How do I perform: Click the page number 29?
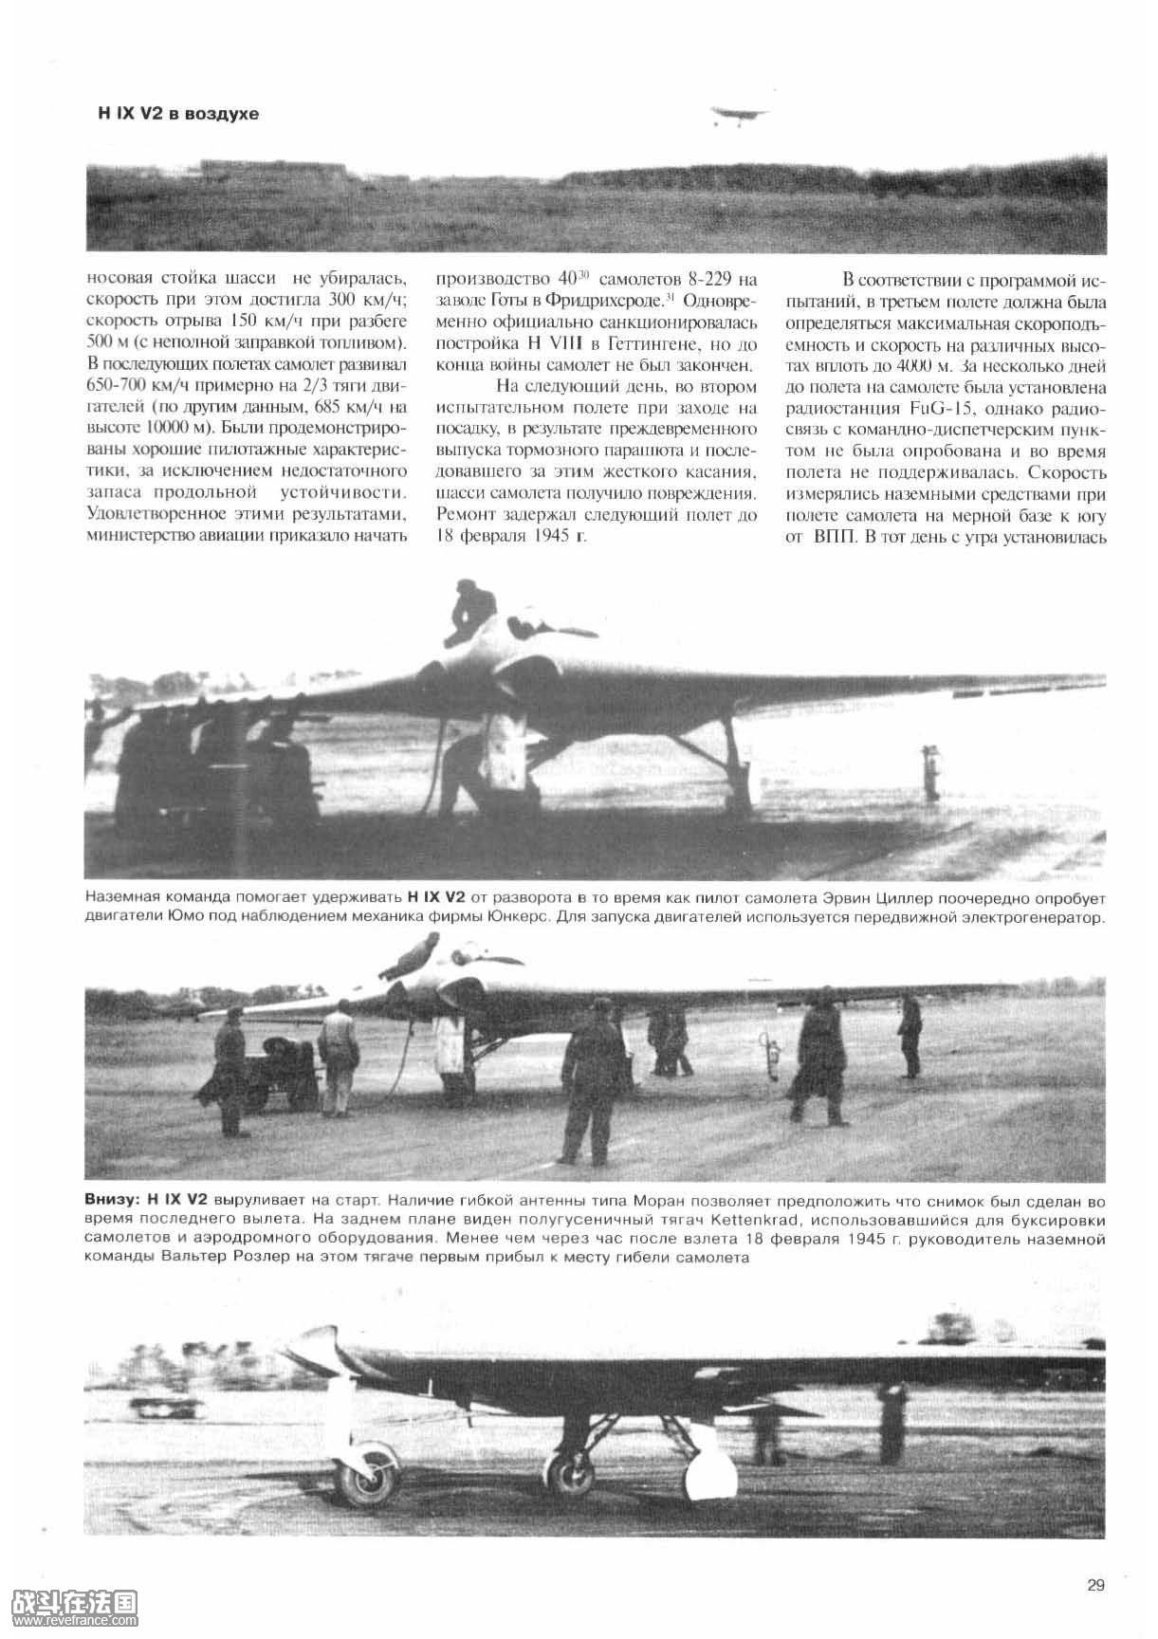click(1095, 1585)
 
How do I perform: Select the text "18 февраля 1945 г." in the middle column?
click(510, 537)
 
